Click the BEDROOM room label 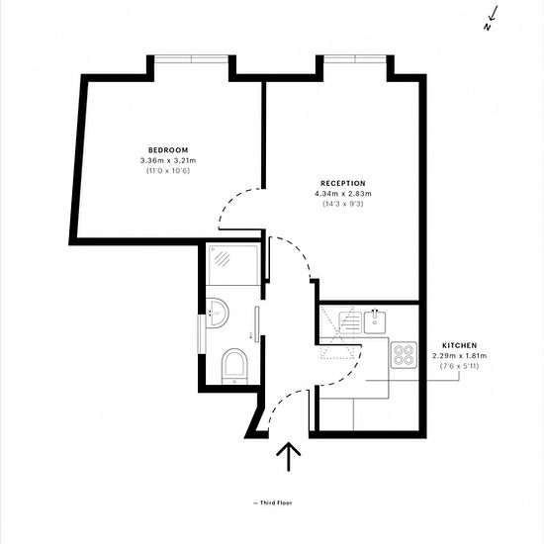click(168, 150)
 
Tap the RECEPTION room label click(343, 183)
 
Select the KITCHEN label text click(459, 345)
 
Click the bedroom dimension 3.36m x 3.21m click(168, 160)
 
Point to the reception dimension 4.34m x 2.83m click(343, 194)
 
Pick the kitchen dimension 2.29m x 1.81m click(459, 356)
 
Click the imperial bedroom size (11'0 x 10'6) click(168, 171)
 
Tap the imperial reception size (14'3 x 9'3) click(343, 204)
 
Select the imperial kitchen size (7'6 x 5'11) click(459, 366)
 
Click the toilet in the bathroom click(234, 366)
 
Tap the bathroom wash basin click(218, 313)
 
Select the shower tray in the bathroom click(233, 264)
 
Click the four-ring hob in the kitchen click(404, 355)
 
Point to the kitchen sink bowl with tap click(375, 322)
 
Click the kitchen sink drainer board click(350, 322)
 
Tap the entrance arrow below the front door click(288, 457)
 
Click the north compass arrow click(492, 18)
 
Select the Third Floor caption click(273, 502)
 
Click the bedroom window click(191, 59)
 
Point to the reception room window click(355, 59)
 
